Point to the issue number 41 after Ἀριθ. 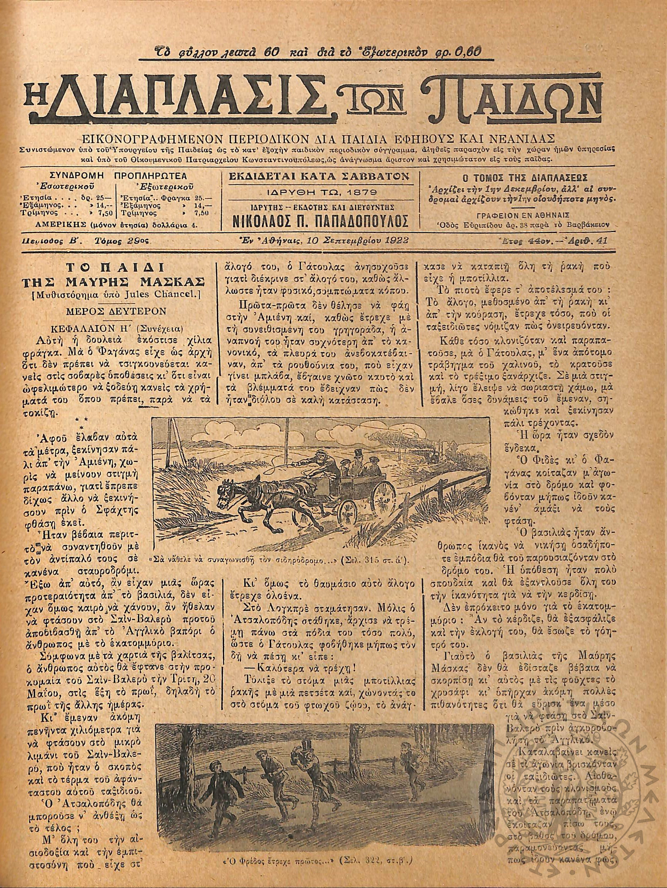pos(603,241)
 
